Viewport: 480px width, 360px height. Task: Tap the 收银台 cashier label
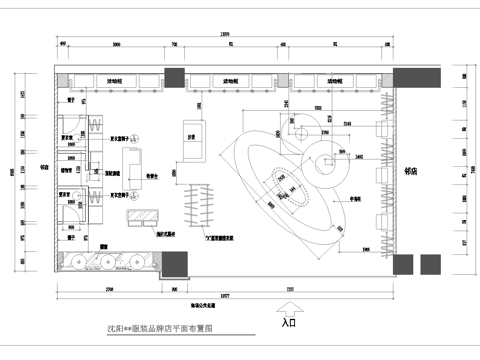[154, 176]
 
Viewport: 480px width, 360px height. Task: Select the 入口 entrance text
[288, 323]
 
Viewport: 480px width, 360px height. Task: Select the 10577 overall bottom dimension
[227, 299]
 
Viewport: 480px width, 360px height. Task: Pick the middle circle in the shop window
[104, 262]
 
